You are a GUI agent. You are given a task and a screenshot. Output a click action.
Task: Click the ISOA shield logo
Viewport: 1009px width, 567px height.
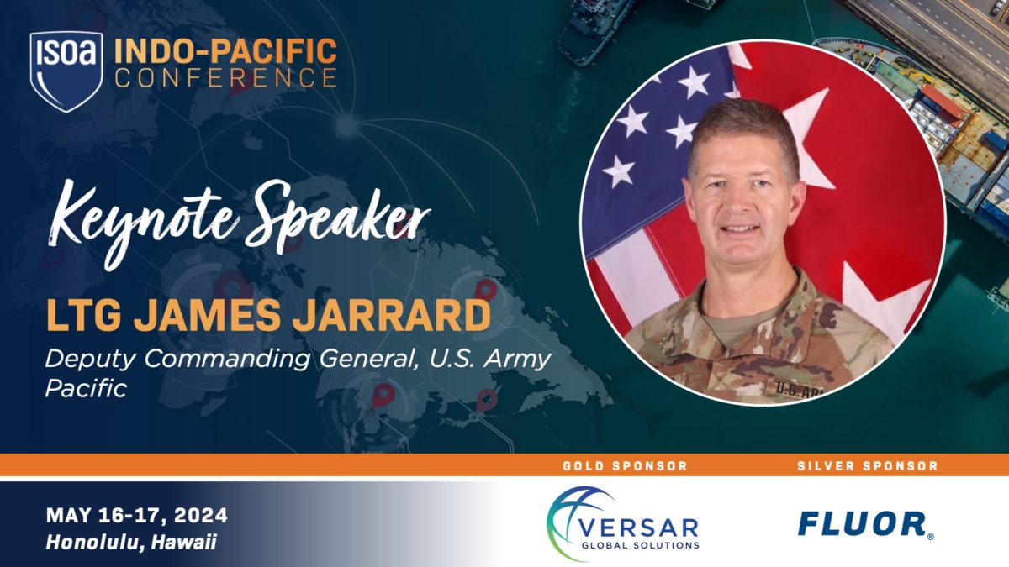pyautogui.click(x=66, y=71)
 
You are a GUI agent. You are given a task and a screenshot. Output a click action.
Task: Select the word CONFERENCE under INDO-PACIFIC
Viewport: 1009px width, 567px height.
pyautogui.click(x=225, y=78)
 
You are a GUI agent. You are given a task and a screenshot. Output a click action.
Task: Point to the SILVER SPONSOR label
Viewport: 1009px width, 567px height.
pyautogui.click(x=868, y=465)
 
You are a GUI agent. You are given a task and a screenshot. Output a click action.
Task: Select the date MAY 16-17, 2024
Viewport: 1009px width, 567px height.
pyautogui.click(x=137, y=516)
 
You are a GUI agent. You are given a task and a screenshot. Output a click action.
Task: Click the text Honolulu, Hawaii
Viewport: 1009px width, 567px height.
pyautogui.click(x=132, y=543)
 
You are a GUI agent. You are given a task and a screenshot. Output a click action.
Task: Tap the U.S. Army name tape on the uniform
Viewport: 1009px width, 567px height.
pyautogui.click(x=790, y=387)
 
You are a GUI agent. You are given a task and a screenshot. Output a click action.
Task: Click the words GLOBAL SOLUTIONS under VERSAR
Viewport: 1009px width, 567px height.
pyautogui.click(x=646, y=544)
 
